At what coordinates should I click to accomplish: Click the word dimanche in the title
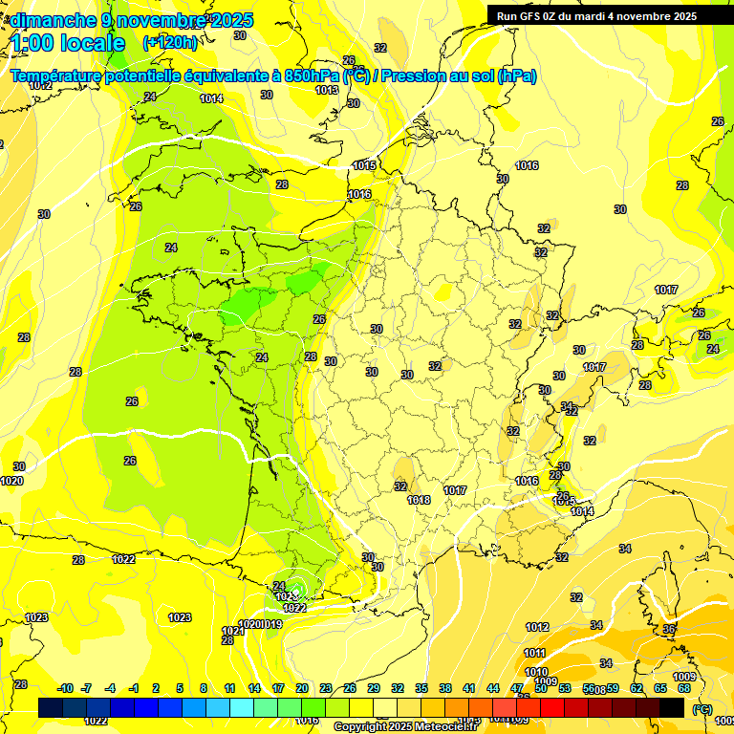click(54, 20)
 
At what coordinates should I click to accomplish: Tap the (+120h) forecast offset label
click(170, 42)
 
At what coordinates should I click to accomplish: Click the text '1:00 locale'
click(68, 43)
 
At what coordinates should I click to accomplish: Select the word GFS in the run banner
click(539, 15)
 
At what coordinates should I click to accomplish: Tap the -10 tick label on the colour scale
click(66, 688)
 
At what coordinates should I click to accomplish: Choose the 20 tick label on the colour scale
click(301, 688)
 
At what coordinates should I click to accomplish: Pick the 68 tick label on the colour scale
click(684, 688)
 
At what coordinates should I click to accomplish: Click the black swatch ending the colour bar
click(672, 707)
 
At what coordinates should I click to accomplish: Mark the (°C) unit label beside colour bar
click(702, 708)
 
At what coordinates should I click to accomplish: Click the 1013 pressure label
click(327, 90)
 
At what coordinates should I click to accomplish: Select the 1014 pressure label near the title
click(211, 98)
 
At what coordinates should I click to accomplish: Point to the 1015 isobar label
click(364, 165)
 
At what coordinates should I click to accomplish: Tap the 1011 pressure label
click(534, 653)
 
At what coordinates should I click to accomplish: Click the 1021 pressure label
click(231, 631)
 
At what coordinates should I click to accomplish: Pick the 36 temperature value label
click(669, 629)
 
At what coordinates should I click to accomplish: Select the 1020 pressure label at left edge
click(11, 481)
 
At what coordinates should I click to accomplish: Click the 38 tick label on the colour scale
click(445, 688)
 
